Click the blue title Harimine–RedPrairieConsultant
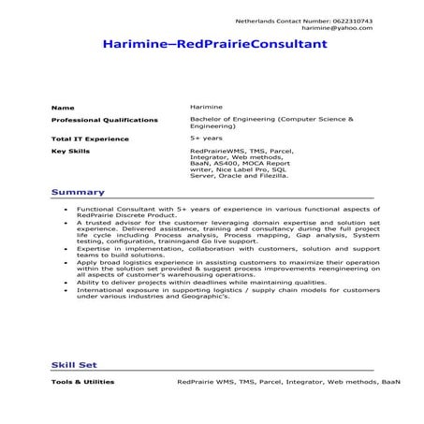coord(213,44)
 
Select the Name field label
coord(62,108)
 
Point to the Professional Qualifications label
coord(104,120)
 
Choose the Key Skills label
coord(70,150)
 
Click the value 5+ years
coord(205,138)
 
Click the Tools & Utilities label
coord(83,382)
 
